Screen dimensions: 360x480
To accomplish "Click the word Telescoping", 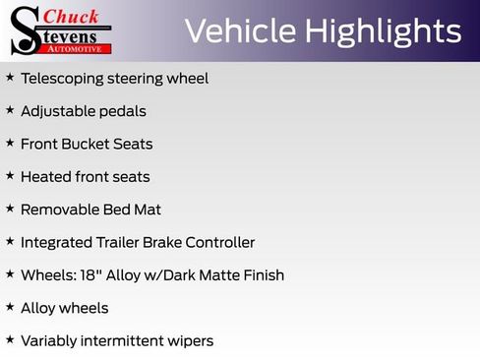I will [x=65, y=78].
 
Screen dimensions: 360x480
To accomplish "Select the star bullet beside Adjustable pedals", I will [x=10, y=110].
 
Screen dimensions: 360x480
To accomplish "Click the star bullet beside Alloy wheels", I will [x=10, y=307].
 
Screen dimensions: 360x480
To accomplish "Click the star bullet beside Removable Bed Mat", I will [x=10, y=209].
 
